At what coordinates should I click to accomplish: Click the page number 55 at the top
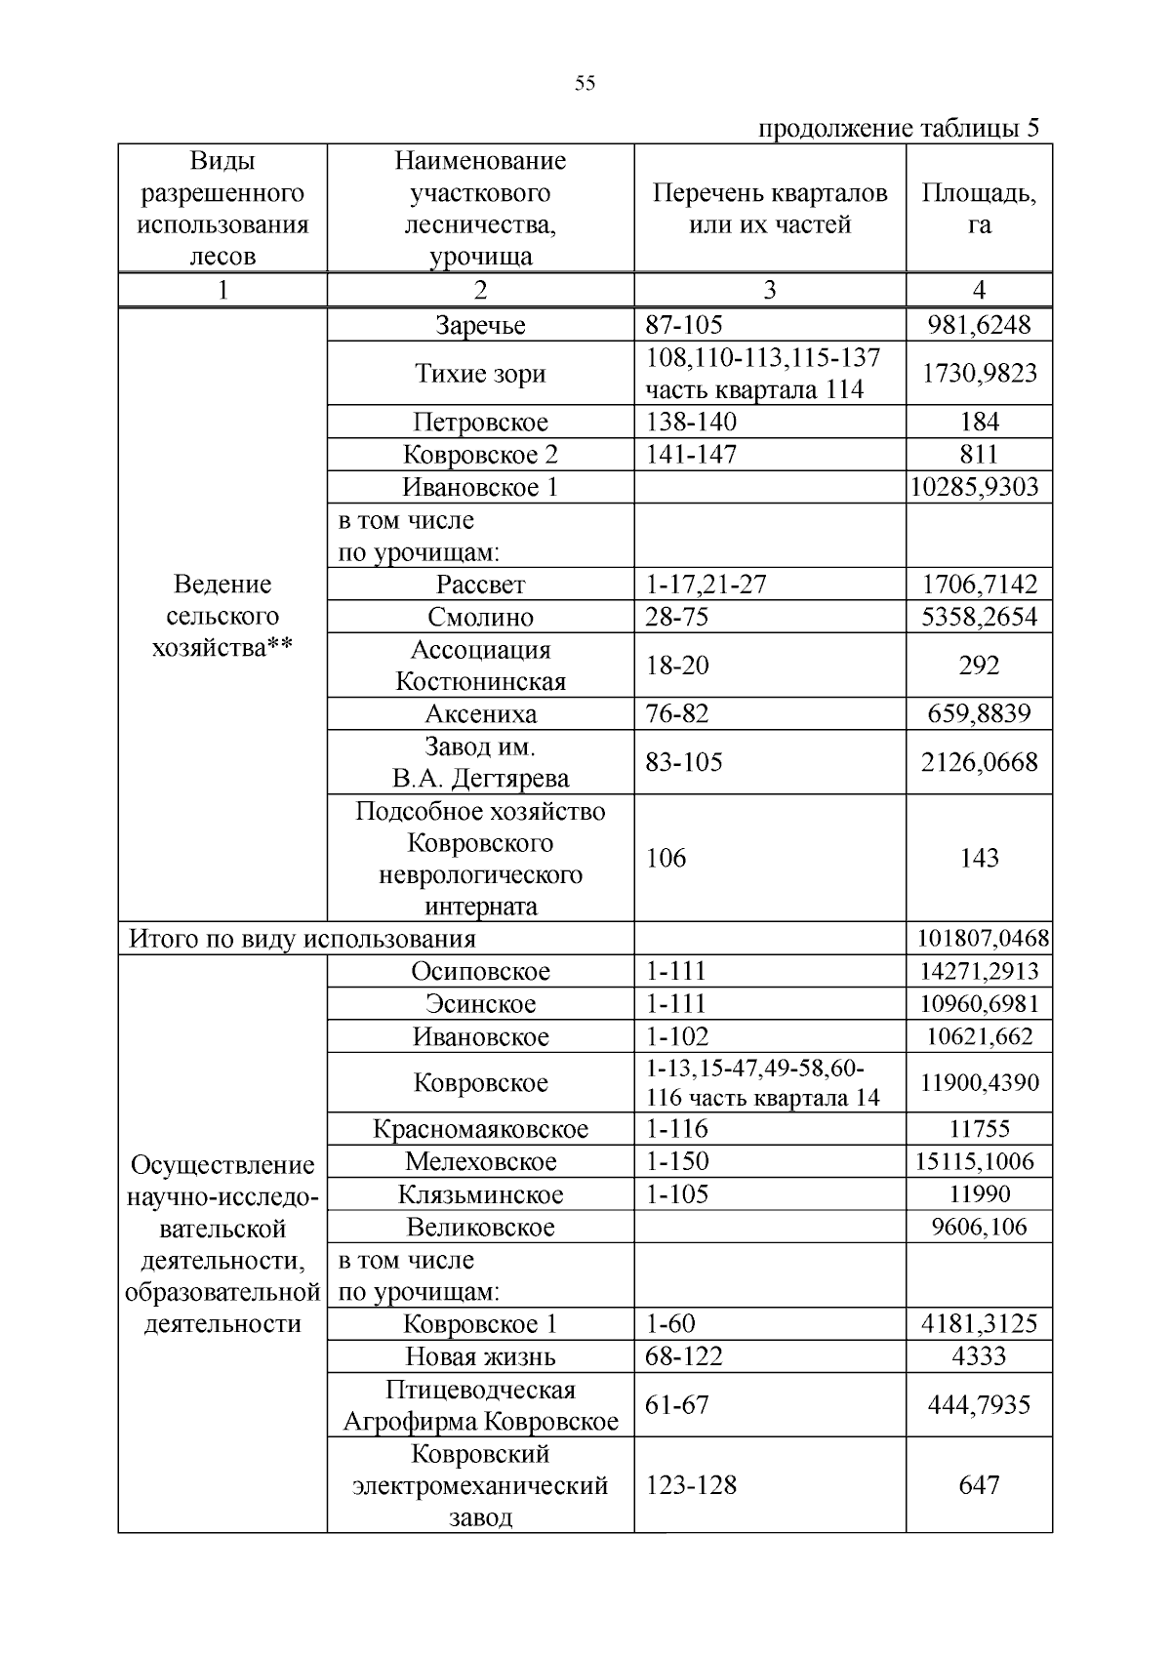(585, 83)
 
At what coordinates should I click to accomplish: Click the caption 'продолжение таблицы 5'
(898, 129)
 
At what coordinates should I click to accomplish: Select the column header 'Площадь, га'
(979, 208)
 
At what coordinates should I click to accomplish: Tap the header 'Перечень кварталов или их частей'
(770, 208)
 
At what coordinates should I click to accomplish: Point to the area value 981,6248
(979, 325)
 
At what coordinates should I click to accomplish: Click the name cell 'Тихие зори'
(480, 374)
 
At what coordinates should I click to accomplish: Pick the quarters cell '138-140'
(691, 422)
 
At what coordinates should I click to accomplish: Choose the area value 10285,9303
(979, 487)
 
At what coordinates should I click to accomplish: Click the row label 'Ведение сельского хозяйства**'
(222, 616)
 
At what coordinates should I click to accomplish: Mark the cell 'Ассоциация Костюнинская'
(480, 666)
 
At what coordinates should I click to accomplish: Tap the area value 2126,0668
(979, 762)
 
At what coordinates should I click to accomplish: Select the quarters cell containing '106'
(666, 858)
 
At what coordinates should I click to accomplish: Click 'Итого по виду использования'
(303, 939)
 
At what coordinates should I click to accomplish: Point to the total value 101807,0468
(983, 939)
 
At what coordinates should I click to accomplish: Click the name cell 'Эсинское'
(480, 1004)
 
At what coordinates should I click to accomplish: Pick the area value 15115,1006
(979, 1161)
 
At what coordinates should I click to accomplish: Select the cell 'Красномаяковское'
(480, 1129)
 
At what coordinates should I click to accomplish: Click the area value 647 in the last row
(979, 1485)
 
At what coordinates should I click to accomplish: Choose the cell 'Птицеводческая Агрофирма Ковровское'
(480, 1405)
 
